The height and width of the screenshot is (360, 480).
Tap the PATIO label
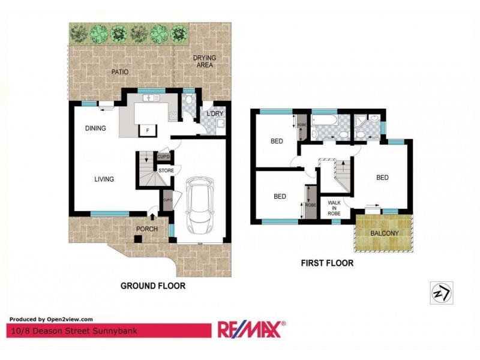(x=120, y=72)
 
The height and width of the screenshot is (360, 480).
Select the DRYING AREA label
(x=203, y=61)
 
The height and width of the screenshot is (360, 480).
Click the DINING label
(x=95, y=128)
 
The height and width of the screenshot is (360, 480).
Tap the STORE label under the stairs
(x=166, y=171)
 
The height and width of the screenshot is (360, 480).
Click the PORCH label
(x=147, y=229)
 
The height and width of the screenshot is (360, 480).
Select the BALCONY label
(x=383, y=233)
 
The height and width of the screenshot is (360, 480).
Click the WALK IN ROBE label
(x=334, y=208)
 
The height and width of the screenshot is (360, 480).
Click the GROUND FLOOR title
(x=153, y=286)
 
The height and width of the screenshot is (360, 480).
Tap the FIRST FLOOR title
(x=328, y=263)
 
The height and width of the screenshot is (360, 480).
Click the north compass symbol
(x=440, y=292)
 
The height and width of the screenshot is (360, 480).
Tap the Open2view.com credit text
(x=52, y=319)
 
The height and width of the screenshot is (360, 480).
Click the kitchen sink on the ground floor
(x=149, y=98)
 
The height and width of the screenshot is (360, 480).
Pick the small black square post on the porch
(x=137, y=239)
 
